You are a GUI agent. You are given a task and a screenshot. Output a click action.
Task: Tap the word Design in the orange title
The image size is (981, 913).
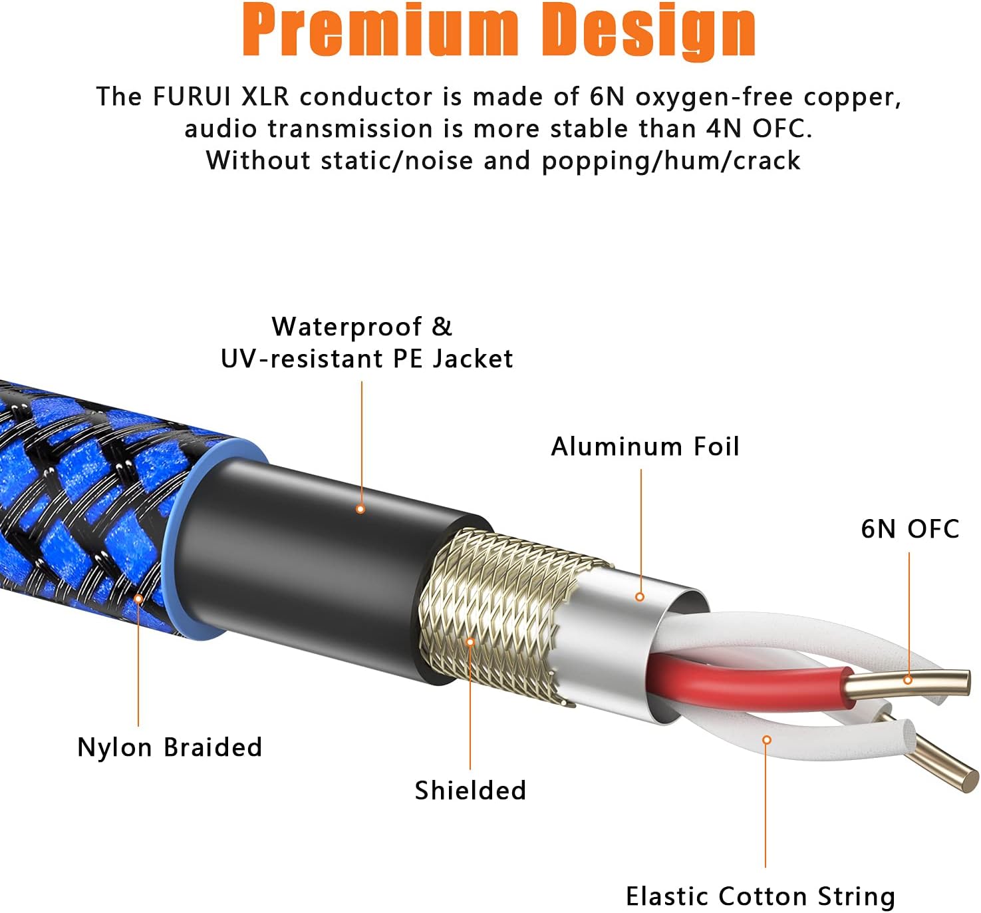(648, 32)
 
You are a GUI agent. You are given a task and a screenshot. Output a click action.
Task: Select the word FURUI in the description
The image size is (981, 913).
(192, 96)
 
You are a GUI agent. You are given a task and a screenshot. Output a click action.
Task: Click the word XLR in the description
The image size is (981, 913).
(265, 96)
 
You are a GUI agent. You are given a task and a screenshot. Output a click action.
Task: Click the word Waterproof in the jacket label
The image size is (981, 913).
(347, 327)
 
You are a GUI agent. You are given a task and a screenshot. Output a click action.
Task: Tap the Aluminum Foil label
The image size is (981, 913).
(645, 447)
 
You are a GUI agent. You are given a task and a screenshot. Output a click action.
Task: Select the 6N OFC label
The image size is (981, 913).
(910, 529)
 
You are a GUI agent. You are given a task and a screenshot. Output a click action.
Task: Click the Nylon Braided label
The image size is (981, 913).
(170, 747)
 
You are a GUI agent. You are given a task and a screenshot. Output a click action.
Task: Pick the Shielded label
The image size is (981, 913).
(470, 790)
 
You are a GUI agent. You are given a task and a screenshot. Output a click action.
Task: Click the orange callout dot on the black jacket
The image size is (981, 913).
(360, 508)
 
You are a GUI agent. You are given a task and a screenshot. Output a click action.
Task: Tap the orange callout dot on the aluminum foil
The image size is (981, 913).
(640, 597)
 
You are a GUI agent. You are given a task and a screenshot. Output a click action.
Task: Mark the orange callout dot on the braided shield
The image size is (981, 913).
(470, 642)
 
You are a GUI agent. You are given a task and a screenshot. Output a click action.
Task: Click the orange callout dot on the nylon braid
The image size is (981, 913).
(139, 599)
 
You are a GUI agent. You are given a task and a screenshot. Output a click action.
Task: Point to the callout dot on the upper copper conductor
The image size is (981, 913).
(908, 681)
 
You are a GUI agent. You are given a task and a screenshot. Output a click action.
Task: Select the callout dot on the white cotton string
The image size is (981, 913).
(767, 740)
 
